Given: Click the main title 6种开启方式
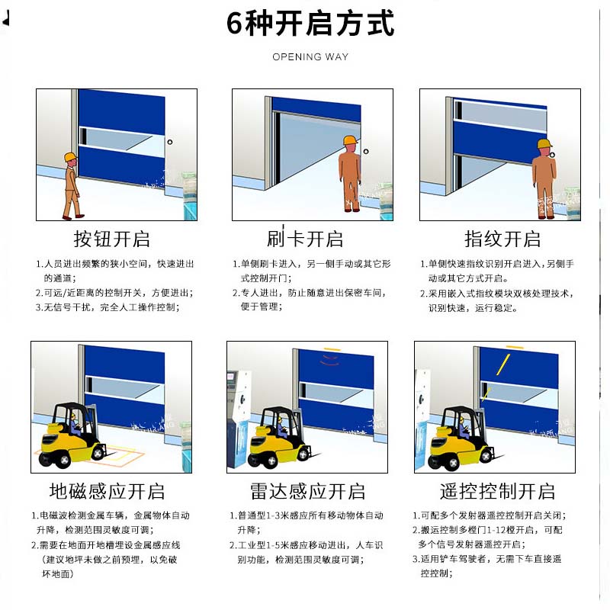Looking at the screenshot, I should [310, 24].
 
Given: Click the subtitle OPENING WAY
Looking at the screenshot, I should [310, 57].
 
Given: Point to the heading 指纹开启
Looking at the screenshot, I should [502, 239].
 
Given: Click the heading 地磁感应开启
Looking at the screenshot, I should [107, 490].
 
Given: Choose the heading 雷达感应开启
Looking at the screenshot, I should [307, 490].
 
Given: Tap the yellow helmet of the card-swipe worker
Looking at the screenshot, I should [350, 141].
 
